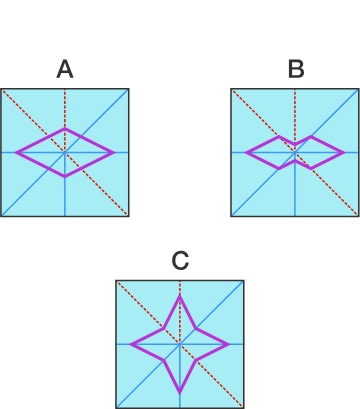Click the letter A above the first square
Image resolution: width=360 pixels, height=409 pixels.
tap(65, 69)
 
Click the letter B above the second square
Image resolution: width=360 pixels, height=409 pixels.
tap(295, 69)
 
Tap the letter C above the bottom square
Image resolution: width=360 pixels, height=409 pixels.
tap(180, 261)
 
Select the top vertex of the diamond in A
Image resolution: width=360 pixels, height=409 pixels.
tap(65, 129)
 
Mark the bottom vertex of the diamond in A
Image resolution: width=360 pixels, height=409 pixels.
tap(65, 176)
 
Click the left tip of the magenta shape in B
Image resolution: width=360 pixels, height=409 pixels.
tap(247, 153)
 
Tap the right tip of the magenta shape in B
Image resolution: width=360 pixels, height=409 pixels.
tap(343, 153)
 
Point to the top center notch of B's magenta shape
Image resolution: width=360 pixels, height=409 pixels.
tap(295, 146)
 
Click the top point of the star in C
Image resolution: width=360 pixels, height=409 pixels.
tap(180, 296)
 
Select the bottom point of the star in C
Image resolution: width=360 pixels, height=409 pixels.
tap(180, 392)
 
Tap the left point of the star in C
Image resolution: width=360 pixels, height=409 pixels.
tap(132, 344)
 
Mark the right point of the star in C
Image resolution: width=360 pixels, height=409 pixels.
tap(228, 344)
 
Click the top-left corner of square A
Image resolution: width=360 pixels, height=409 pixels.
tap(2, 90)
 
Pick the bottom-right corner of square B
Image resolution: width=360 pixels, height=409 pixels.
tap(357, 215)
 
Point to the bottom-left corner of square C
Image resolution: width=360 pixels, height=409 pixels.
tap(117, 406)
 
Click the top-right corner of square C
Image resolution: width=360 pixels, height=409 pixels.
tap(243, 281)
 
